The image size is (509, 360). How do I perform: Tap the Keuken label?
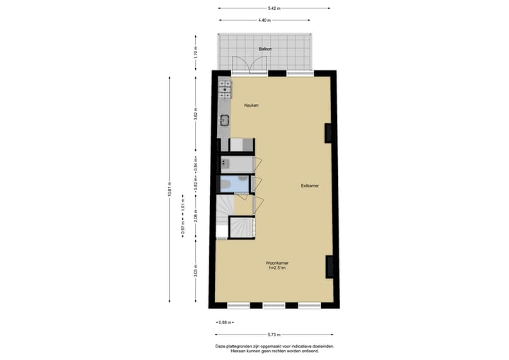click(x=251, y=105)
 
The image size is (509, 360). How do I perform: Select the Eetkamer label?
click(x=310, y=186)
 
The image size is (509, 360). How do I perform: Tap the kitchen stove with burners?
click(x=225, y=89)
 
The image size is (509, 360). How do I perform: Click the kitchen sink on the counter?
click(x=225, y=120)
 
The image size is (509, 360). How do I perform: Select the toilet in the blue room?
click(x=224, y=185)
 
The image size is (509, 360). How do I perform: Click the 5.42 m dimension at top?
click(x=274, y=8)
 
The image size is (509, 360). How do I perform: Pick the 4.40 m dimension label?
click(x=265, y=20)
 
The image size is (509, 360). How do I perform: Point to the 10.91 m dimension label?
click(x=170, y=189)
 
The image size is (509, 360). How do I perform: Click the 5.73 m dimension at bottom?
click(x=274, y=334)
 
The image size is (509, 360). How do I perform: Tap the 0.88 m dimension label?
click(x=223, y=322)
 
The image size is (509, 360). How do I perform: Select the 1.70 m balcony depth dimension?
click(x=196, y=52)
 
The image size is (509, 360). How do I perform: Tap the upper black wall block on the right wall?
click(x=328, y=133)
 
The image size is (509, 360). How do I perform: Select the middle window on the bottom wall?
click(x=274, y=306)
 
